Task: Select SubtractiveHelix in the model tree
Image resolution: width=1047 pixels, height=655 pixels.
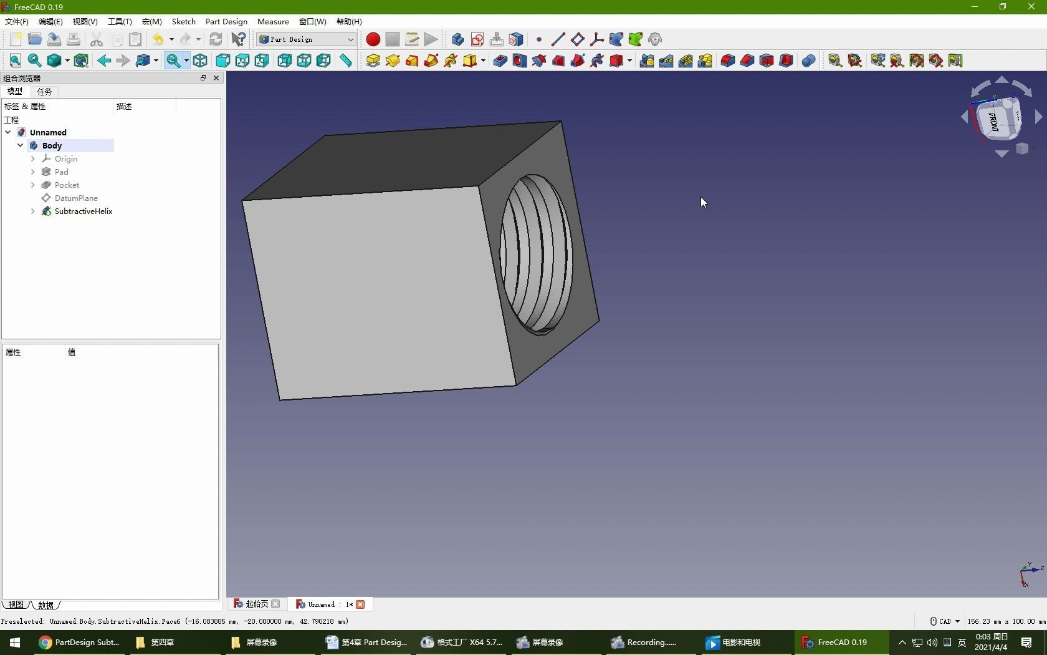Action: pyautogui.click(x=83, y=211)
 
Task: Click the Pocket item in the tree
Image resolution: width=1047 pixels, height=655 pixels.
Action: pyautogui.click(x=67, y=185)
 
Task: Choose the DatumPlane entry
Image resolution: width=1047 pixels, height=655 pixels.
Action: pyautogui.click(x=75, y=198)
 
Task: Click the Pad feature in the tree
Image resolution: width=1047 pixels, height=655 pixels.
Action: pyautogui.click(x=61, y=172)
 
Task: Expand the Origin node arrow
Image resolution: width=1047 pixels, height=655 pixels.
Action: pyautogui.click(x=33, y=159)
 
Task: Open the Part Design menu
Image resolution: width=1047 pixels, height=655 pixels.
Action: pyautogui.click(x=226, y=21)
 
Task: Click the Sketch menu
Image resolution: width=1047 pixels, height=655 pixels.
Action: pyautogui.click(x=183, y=21)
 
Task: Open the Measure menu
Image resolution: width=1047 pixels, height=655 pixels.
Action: pyautogui.click(x=273, y=21)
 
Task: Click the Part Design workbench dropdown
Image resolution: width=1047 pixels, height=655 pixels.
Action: pyautogui.click(x=306, y=39)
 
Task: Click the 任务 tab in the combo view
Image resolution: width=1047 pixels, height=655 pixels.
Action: pyautogui.click(x=44, y=91)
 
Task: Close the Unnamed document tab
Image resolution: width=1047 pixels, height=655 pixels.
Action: pyautogui.click(x=360, y=604)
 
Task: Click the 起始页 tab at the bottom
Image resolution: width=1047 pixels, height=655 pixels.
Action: pyautogui.click(x=256, y=604)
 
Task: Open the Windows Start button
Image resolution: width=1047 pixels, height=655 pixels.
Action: pyautogui.click(x=15, y=642)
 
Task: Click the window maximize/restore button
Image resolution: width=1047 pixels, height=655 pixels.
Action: pyautogui.click(x=1003, y=7)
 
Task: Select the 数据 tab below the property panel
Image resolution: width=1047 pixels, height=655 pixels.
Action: pyautogui.click(x=46, y=605)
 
